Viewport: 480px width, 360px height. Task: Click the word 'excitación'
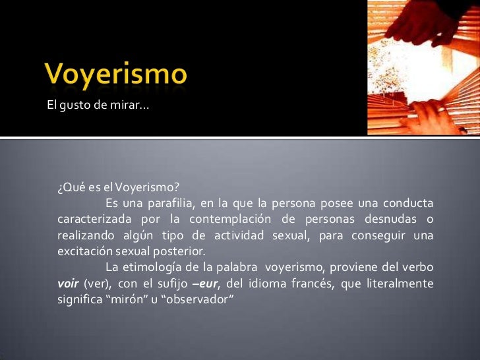(x=84, y=252)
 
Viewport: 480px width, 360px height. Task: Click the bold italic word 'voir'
(x=69, y=284)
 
